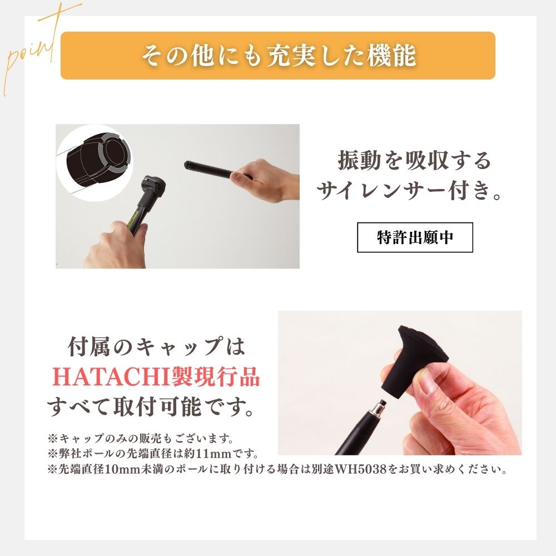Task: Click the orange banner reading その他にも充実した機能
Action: pyautogui.click(x=277, y=56)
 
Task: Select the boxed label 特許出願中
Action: pyautogui.click(x=415, y=237)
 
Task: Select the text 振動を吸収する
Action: pyautogui.click(x=414, y=161)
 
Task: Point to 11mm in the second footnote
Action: pyautogui.click(x=220, y=453)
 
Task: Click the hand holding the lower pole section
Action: pyautogui.click(x=117, y=245)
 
